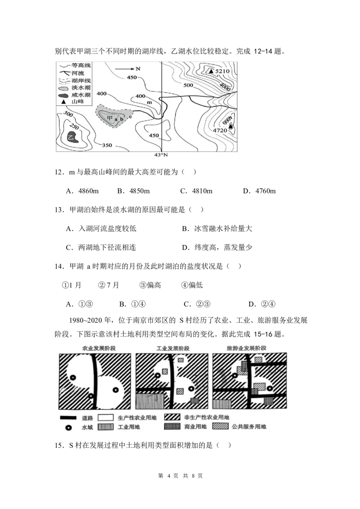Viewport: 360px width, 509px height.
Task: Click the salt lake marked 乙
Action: point(71,137)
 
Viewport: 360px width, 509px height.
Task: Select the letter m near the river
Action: point(148,103)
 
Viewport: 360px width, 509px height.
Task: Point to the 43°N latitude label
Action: point(161,156)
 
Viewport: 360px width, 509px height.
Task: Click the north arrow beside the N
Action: point(125,69)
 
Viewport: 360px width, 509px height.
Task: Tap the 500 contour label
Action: point(188,85)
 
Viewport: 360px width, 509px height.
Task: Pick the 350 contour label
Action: point(107,145)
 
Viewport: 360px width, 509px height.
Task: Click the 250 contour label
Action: point(74,128)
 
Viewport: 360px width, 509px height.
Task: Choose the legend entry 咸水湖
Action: point(81,95)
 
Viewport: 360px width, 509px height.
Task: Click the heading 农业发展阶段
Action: point(94,348)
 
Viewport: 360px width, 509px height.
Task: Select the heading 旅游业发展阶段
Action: point(247,348)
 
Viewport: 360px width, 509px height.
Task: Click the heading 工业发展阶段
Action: point(173,348)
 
